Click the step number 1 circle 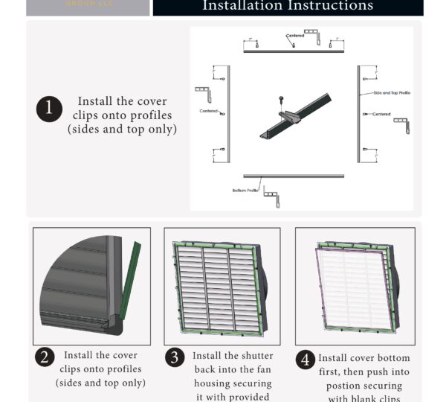(49, 109)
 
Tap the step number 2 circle (45, 357)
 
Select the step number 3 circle (174, 357)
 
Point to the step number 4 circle (305, 360)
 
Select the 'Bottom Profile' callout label (245, 191)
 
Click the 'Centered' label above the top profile (295, 35)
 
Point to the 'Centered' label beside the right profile (381, 114)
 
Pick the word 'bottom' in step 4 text (391, 358)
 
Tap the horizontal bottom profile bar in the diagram (294, 177)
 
